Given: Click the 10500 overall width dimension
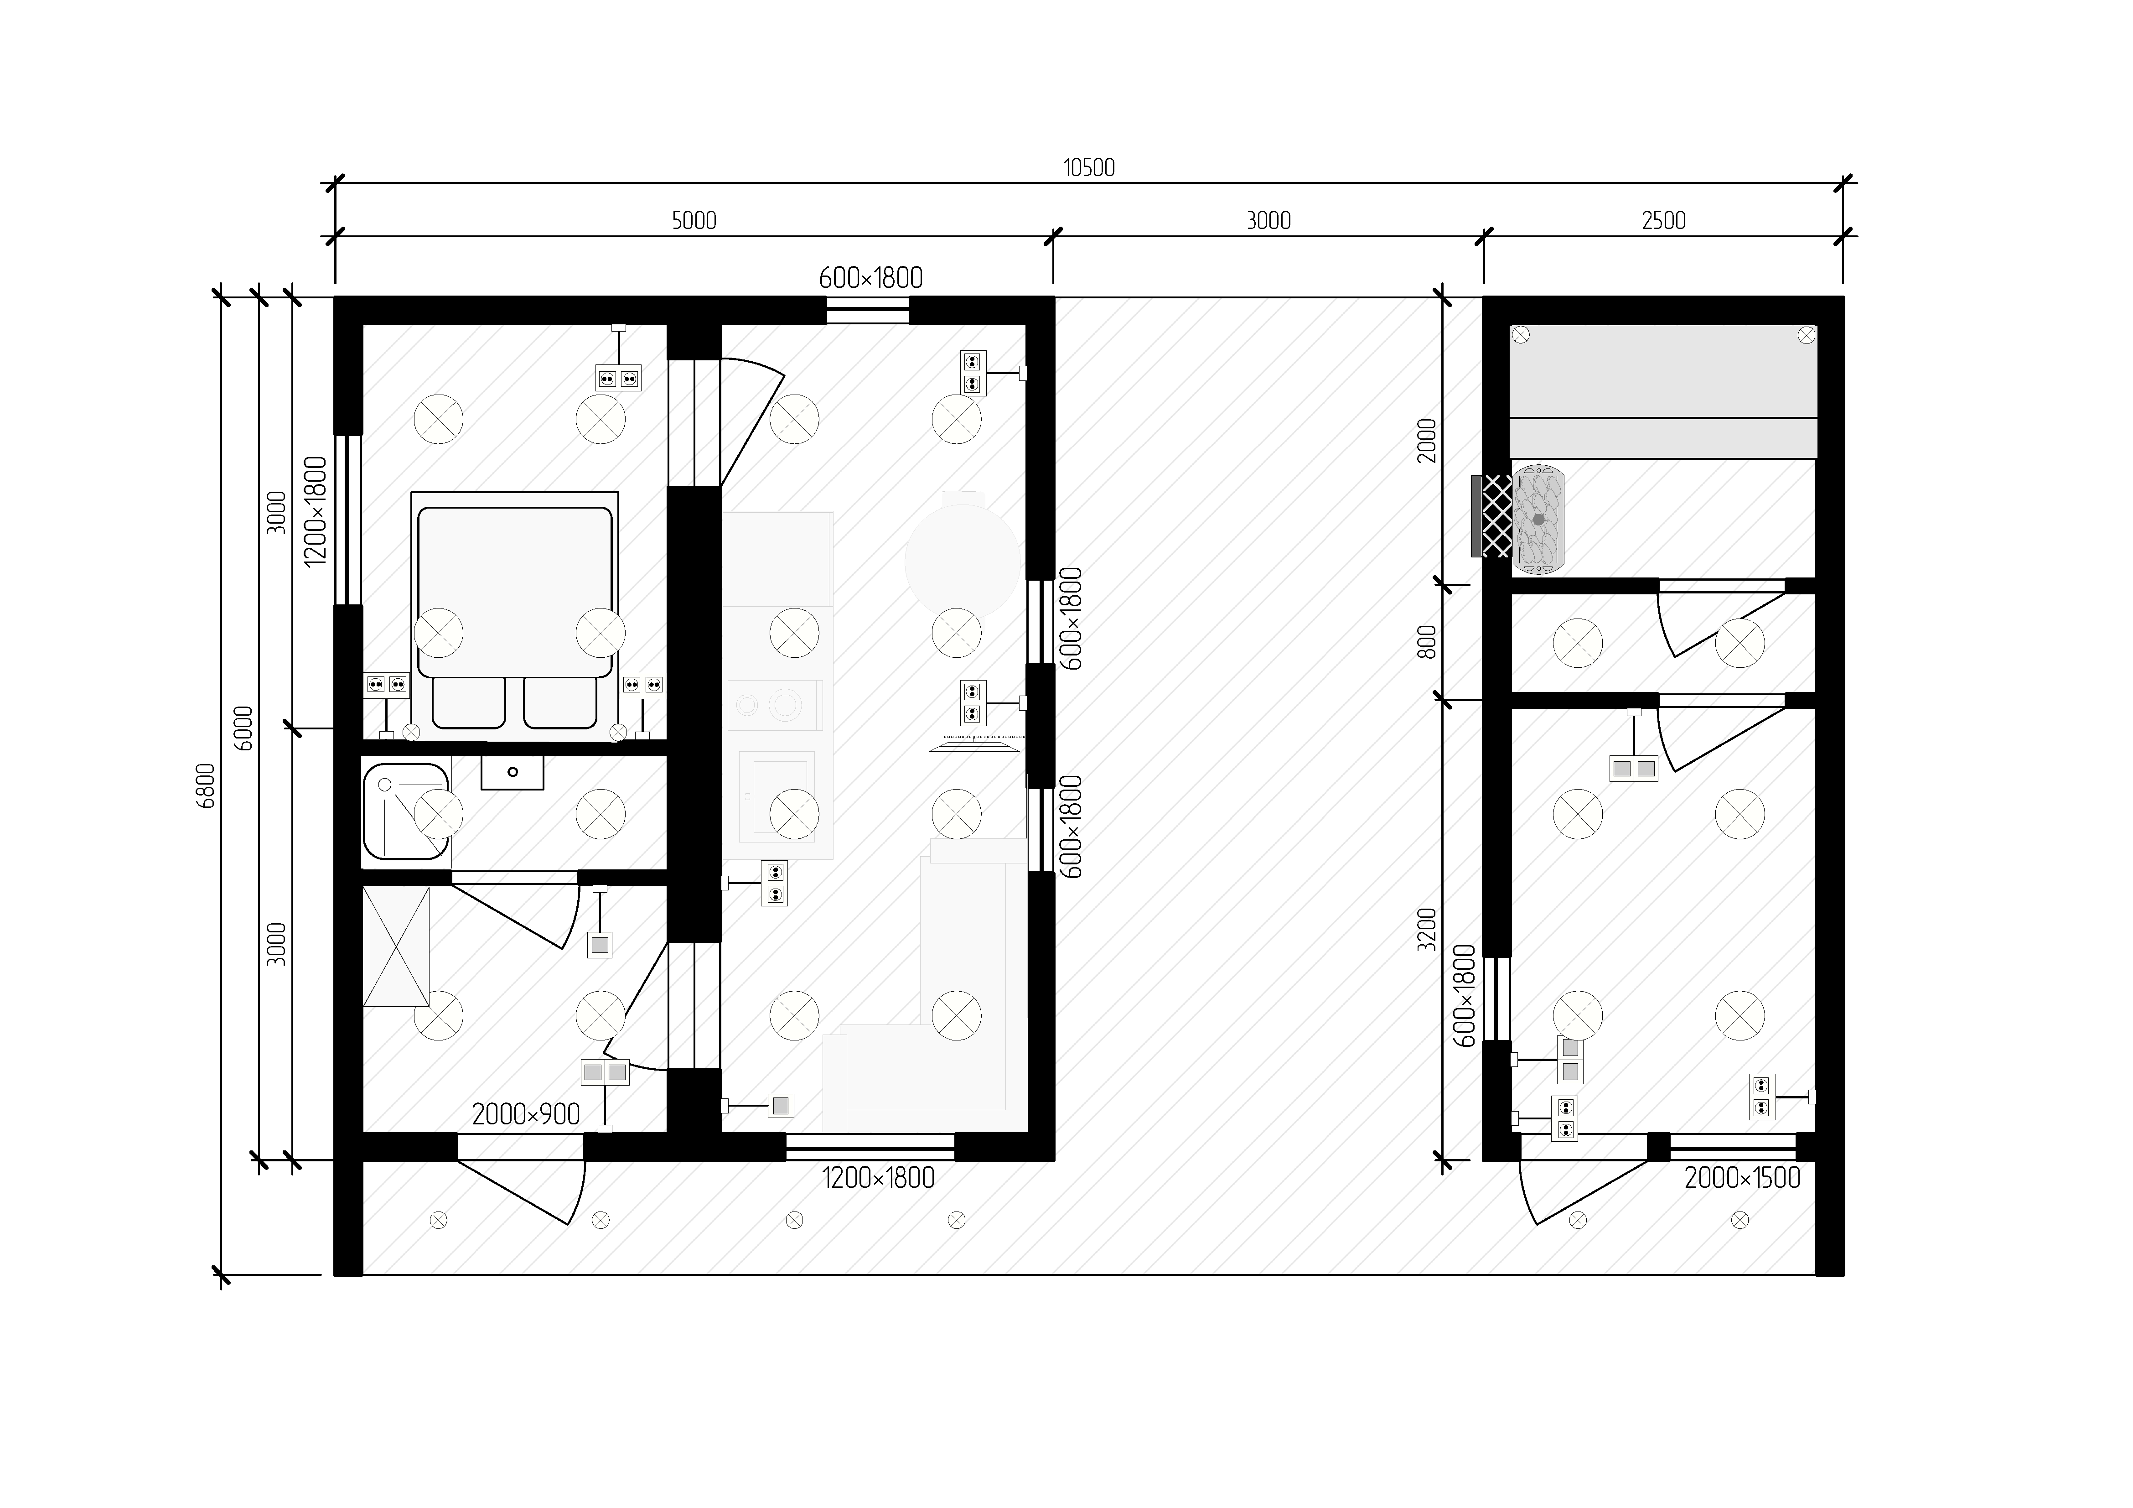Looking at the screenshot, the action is (x=1089, y=168).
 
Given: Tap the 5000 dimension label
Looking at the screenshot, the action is (x=694, y=221).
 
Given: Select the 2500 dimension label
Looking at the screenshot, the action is (x=1663, y=221).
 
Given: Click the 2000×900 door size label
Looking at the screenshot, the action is (x=526, y=1115).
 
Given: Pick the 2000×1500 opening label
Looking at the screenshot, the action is (x=1742, y=1178).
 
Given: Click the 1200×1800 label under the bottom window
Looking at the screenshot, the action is (x=878, y=1178).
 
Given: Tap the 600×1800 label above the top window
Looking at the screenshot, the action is (x=870, y=278).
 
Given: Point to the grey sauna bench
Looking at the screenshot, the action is (x=1663, y=391).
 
